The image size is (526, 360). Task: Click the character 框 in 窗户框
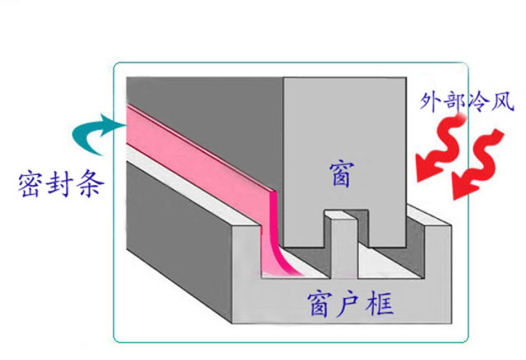coord(376,305)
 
